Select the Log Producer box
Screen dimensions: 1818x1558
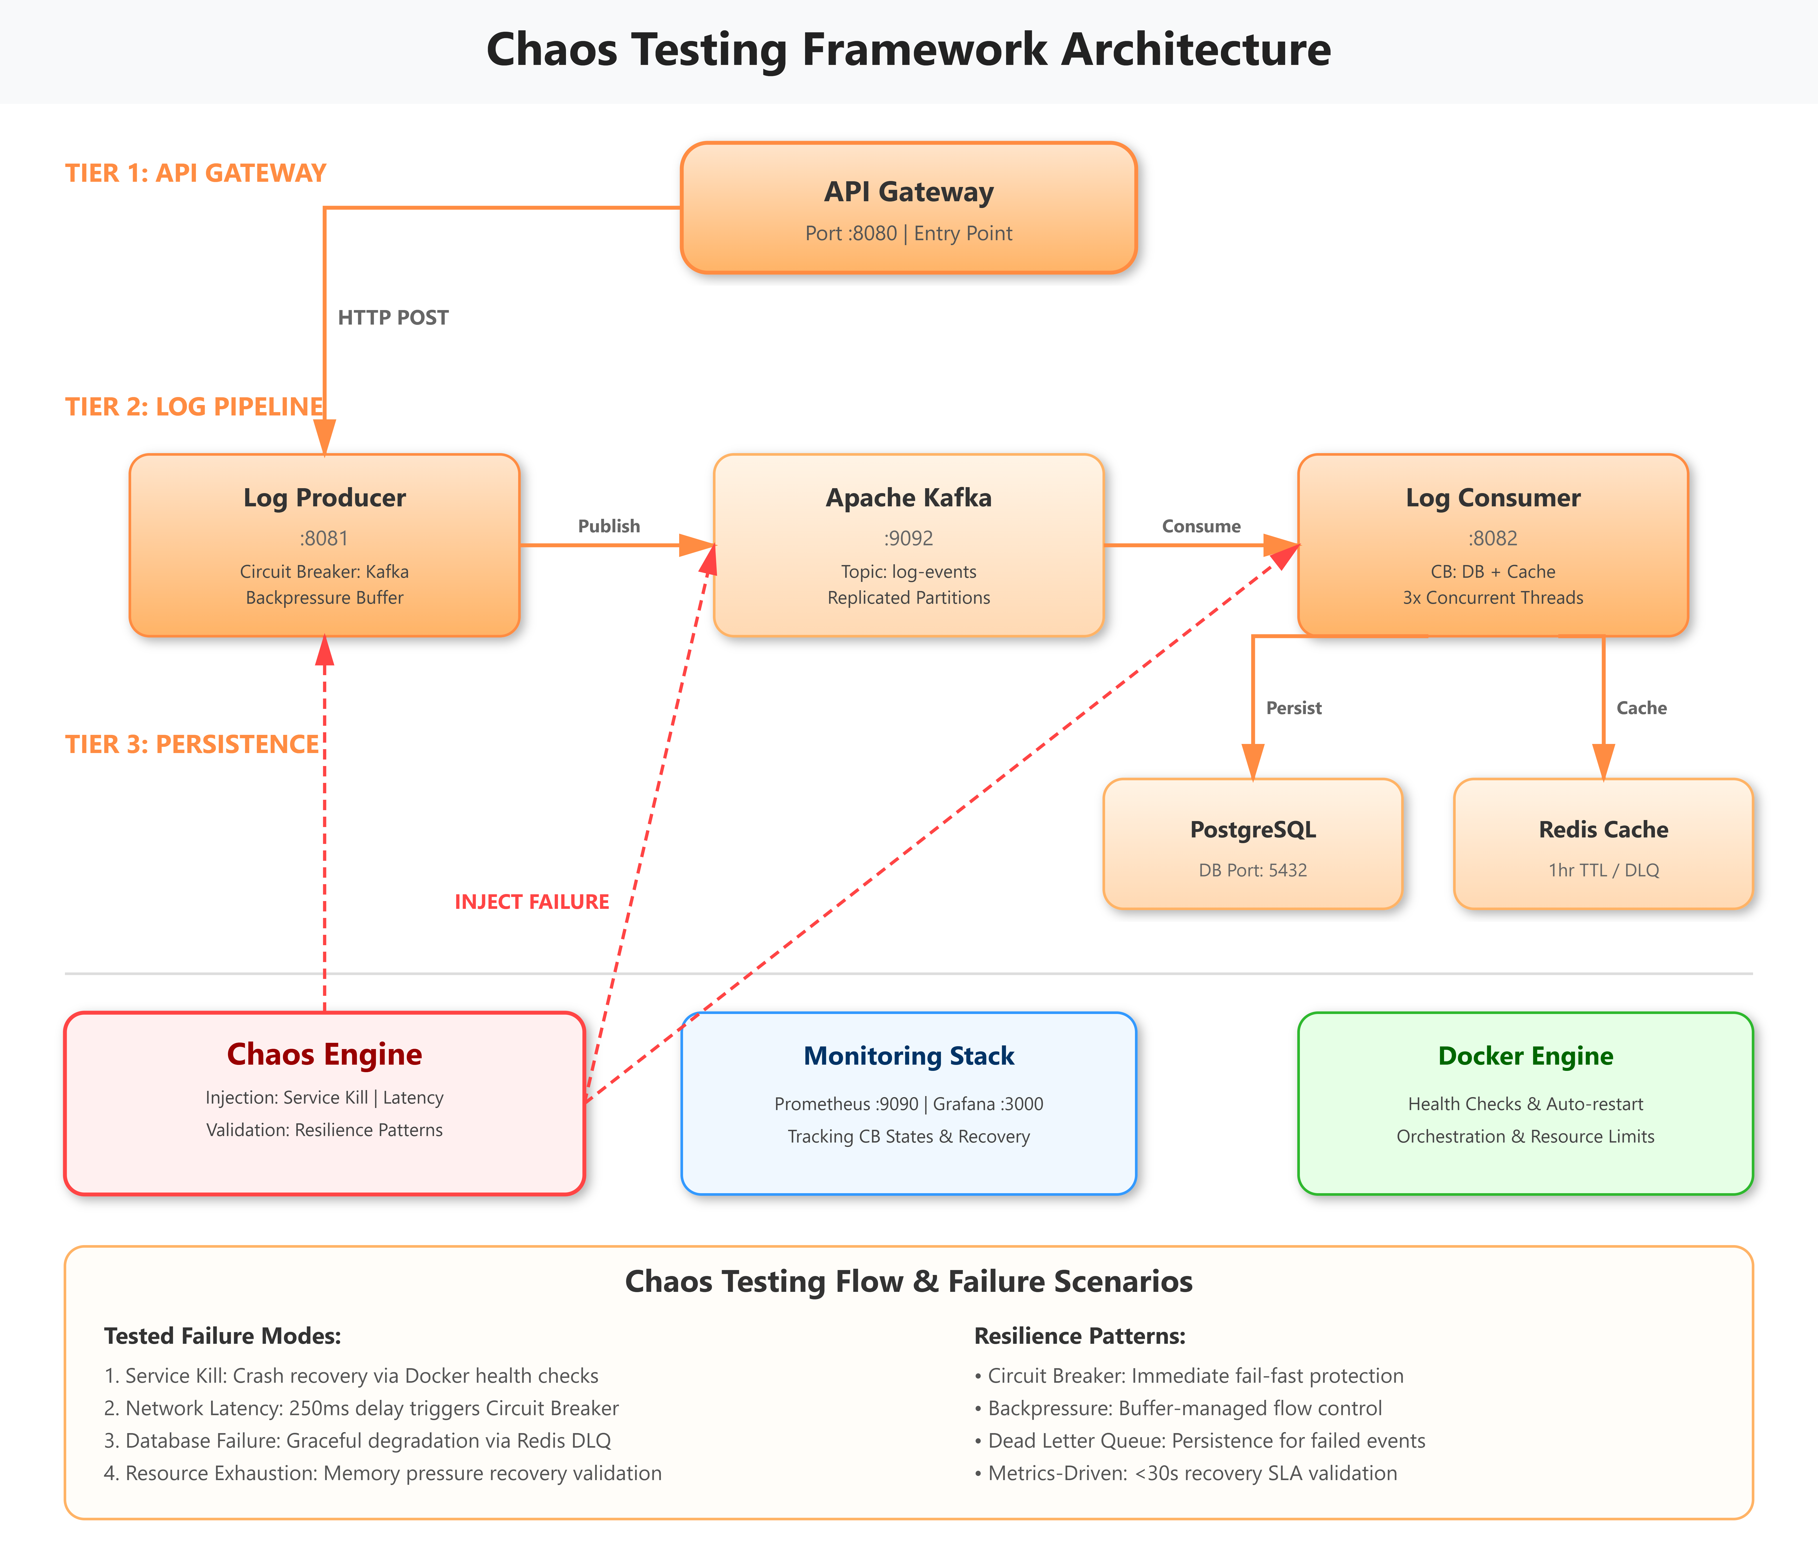tap(325, 545)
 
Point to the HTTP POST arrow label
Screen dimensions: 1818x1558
tap(393, 318)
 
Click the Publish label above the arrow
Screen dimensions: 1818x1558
tap(609, 526)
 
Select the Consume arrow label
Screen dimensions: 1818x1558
tap(1201, 526)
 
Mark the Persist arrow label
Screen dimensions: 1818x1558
tap(1293, 708)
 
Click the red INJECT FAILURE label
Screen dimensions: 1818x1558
tap(532, 902)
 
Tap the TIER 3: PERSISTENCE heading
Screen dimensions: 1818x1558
tap(192, 744)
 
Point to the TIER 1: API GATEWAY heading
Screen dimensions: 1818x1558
tap(196, 173)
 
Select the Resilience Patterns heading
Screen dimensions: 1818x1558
tap(1080, 1336)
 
